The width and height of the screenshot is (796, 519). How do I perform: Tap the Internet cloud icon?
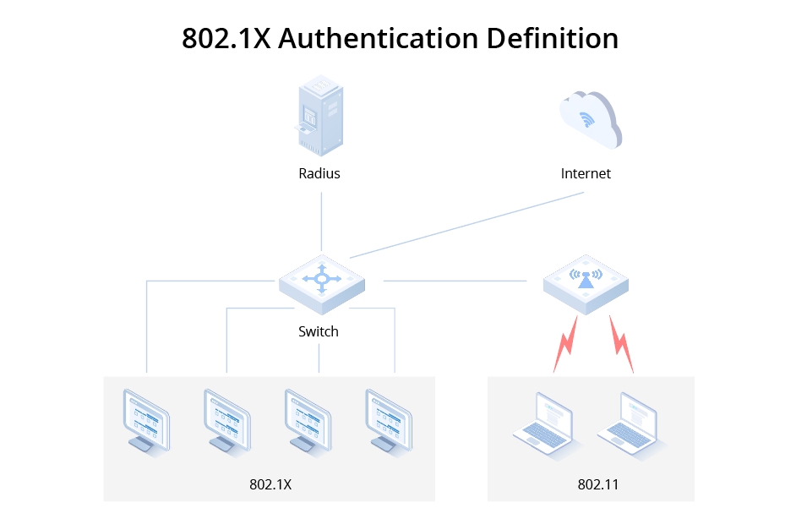[589, 119]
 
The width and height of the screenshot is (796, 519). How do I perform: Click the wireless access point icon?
[585, 280]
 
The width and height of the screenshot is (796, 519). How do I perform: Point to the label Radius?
[319, 173]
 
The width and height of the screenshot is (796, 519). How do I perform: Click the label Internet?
[586, 173]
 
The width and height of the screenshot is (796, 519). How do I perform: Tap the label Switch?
[319, 331]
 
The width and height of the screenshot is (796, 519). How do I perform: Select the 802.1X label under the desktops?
[270, 484]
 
